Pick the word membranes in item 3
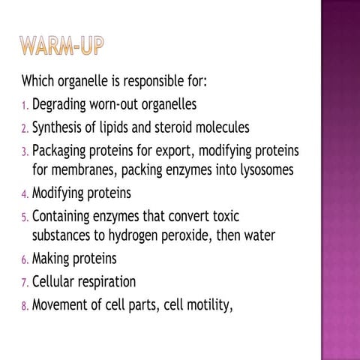coord(83,170)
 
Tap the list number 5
coord(24,217)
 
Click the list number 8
coord(24,307)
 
